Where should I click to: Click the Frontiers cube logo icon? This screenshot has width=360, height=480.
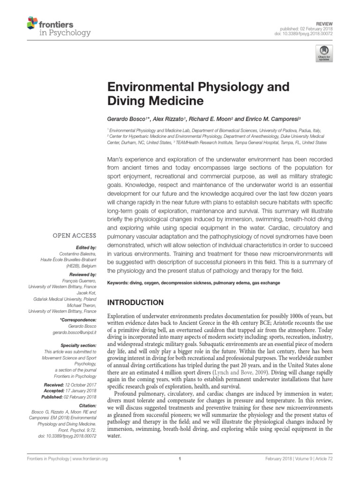pos(32,22)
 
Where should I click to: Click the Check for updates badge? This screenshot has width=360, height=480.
pos(323,53)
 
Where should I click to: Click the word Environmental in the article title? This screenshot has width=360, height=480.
pos(149,87)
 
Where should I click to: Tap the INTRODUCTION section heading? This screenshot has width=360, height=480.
pos(136,302)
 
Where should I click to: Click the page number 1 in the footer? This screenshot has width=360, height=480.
pos(180,459)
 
